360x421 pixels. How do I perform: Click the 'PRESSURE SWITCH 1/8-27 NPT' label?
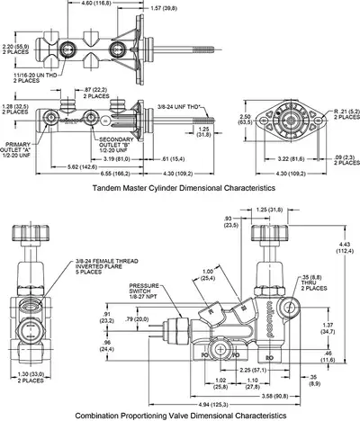click(143, 292)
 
